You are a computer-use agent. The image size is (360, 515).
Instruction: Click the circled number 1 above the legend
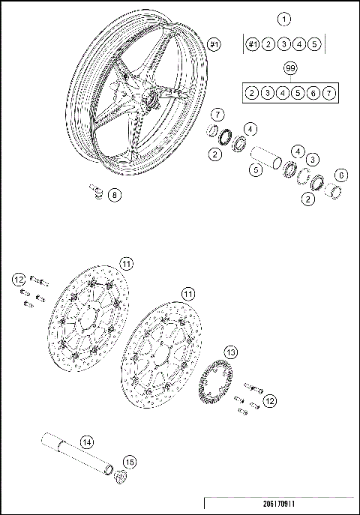[283, 18]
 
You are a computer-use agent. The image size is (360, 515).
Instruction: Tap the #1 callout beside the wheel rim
[214, 45]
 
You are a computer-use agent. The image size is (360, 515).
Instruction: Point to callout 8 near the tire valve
[114, 196]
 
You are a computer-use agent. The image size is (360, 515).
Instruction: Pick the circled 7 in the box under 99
[330, 92]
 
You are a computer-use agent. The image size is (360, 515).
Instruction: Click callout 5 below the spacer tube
[256, 171]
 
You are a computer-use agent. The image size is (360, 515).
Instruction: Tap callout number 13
[231, 352]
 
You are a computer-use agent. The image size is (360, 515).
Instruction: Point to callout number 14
[86, 442]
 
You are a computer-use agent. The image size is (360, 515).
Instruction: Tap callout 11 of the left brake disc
[126, 263]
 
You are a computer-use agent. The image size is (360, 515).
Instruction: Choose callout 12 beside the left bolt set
[19, 280]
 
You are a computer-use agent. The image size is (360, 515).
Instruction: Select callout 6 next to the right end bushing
[341, 175]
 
